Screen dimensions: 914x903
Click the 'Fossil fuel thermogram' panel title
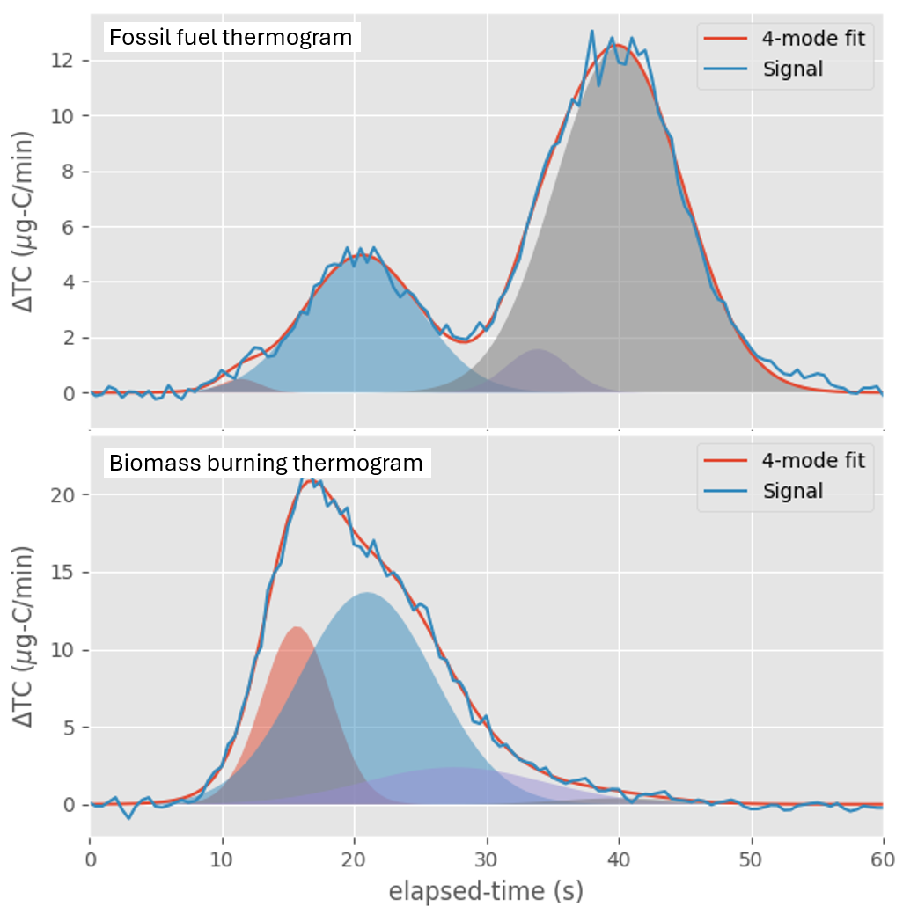click(230, 38)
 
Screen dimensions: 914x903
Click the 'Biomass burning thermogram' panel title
click(265, 463)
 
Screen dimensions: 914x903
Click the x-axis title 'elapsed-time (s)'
click(487, 891)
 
